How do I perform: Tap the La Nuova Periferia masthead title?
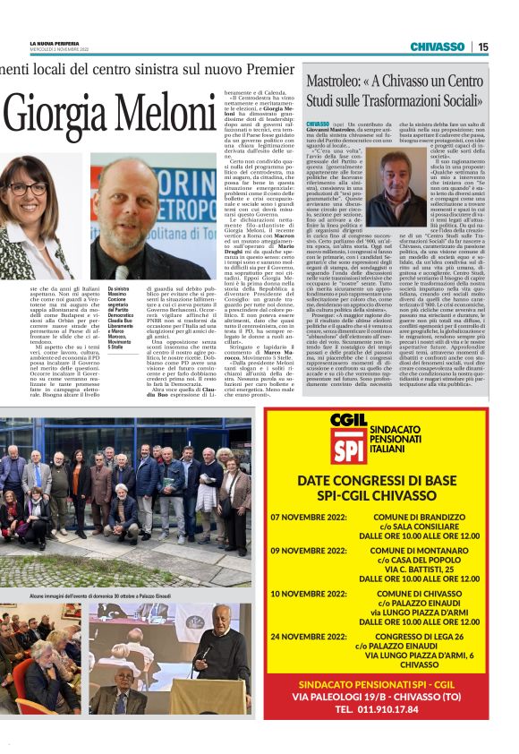tap(55, 43)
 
